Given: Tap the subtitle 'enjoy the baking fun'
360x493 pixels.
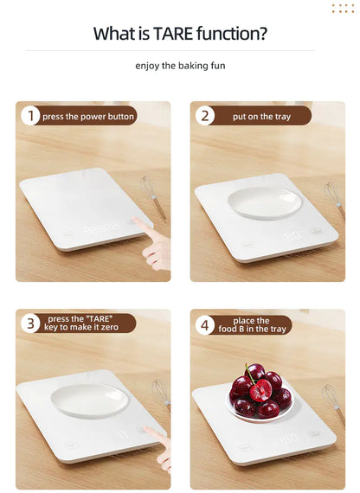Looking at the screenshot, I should (179, 66).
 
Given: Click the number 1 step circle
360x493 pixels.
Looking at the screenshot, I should (31, 116).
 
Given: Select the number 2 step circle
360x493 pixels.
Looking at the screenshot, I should (206, 116).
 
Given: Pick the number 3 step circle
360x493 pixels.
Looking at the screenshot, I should (31, 323).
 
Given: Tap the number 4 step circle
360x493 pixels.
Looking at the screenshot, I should (206, 325).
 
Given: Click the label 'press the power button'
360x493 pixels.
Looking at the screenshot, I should (88, 116).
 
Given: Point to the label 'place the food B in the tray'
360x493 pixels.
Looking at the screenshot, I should (252, 325).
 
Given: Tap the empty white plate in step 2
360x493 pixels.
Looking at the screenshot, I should (264, 202).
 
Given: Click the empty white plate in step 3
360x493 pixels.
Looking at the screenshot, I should (89, 400).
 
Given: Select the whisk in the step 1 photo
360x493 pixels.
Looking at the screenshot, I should (153, 196).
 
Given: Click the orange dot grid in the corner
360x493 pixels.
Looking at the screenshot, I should (343, 9).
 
